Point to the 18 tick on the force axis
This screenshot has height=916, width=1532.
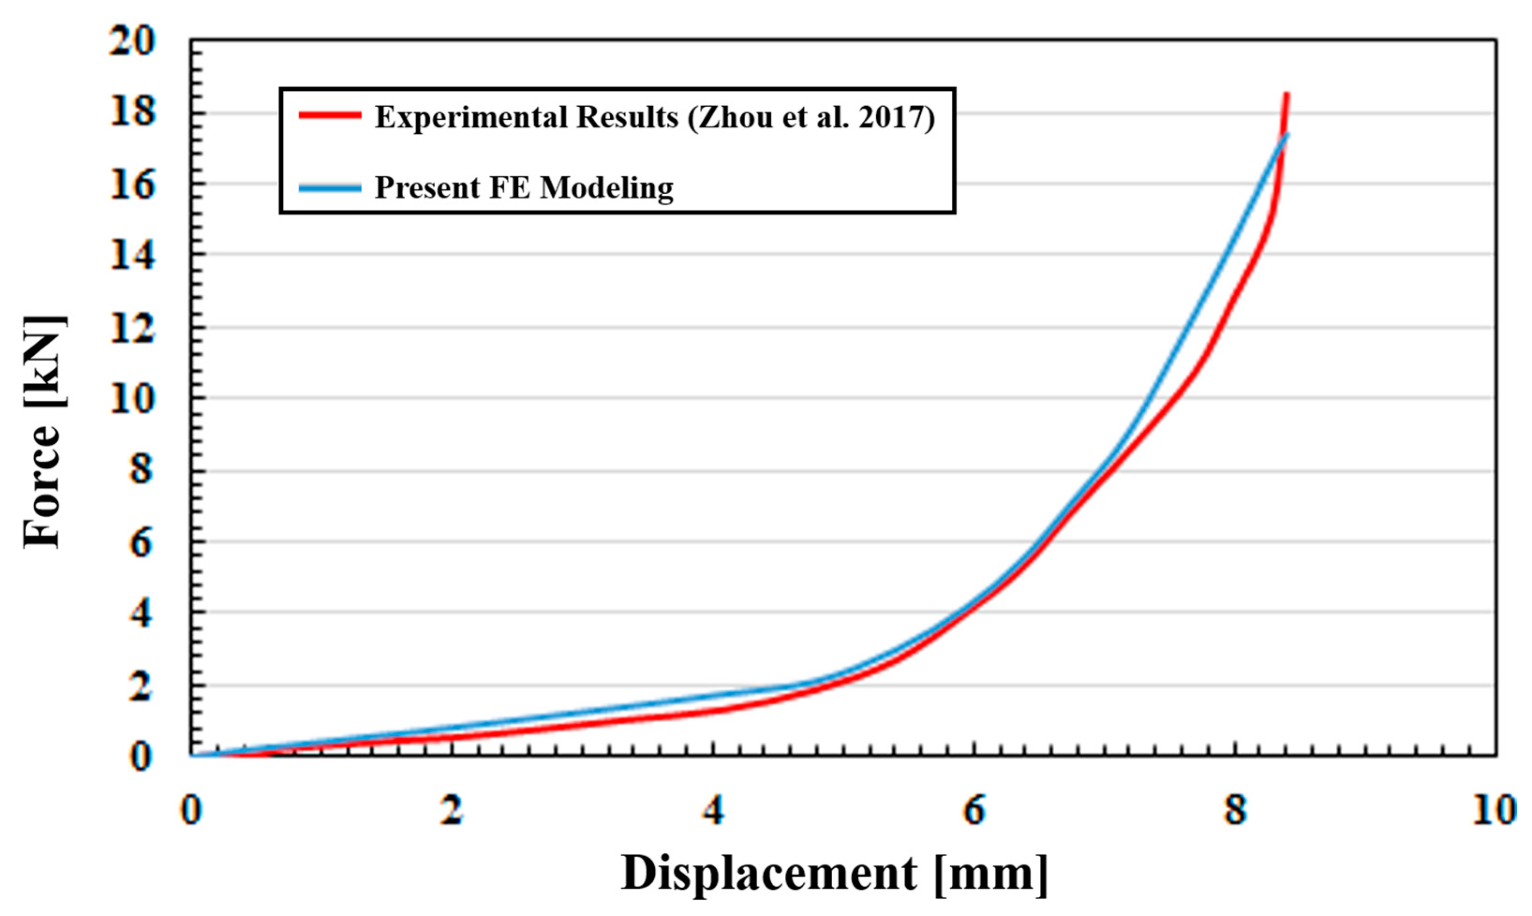132,114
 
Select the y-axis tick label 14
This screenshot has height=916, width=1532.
132,255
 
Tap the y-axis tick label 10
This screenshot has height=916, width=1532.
132,398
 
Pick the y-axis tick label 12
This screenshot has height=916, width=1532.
132,327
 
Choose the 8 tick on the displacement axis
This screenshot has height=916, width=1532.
1235,810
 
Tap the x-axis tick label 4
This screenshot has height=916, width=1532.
713,810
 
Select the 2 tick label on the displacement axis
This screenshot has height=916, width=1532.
452,810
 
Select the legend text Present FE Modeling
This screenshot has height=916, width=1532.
524,188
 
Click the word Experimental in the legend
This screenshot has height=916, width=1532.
471,117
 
